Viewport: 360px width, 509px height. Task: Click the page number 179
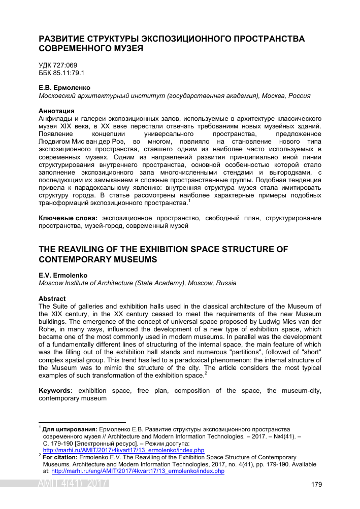tap(316, 485)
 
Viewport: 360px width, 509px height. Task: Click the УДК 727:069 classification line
tap(58, 66)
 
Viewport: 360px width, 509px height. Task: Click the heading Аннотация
tap(56, 111)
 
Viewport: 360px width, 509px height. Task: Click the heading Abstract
tap(52, 298)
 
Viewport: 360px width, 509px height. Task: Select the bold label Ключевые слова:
tap(69, 218)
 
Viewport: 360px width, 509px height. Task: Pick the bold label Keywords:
tap(56, 390)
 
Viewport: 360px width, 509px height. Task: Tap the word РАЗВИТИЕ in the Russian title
tap(63, 39)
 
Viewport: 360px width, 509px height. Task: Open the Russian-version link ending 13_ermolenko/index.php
tap(123, 450)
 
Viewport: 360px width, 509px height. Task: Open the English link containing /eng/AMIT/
tap(138, 471)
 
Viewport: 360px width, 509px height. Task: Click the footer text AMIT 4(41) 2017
tap(73, 484)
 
